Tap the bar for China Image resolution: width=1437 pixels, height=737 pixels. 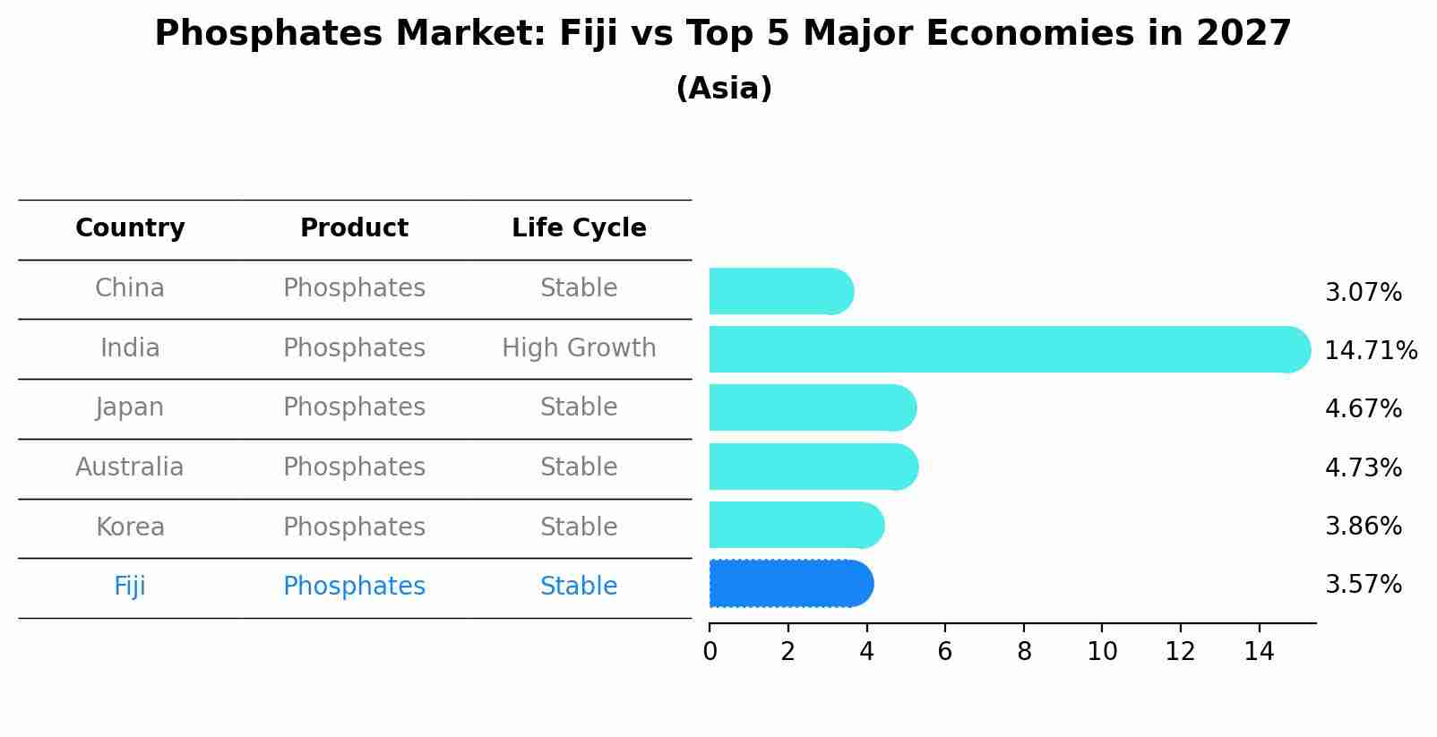[x=780, y=291]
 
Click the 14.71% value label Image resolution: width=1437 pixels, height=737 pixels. [x=1370, y=350]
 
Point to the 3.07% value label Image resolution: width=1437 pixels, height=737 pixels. [x=1363, y=292]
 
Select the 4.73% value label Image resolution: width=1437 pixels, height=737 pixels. [x=1363, y=467]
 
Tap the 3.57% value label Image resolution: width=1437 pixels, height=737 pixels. [x=1363, y=584]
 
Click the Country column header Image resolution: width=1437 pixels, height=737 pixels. [x=130, y=228]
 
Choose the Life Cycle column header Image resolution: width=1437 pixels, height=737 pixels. [x=579, y=228]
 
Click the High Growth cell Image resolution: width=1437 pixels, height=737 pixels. [x=579, y=347]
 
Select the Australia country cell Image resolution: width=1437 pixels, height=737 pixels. [x=130, y=467]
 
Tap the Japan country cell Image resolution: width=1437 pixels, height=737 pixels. [x=130, y=407]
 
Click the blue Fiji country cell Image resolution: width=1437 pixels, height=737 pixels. [x=130, y=586]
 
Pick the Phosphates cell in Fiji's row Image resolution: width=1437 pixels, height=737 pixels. [x=354, y=586]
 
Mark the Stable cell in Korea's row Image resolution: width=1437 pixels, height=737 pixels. [x=579, y=527]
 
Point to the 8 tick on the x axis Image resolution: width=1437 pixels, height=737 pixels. [x=1023, y=651]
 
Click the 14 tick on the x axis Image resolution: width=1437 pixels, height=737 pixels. [x=1259, y=651]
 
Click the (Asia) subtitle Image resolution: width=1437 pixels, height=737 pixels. [x=724, y=89]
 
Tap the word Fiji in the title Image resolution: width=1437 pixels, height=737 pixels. [x=587, y=34]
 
